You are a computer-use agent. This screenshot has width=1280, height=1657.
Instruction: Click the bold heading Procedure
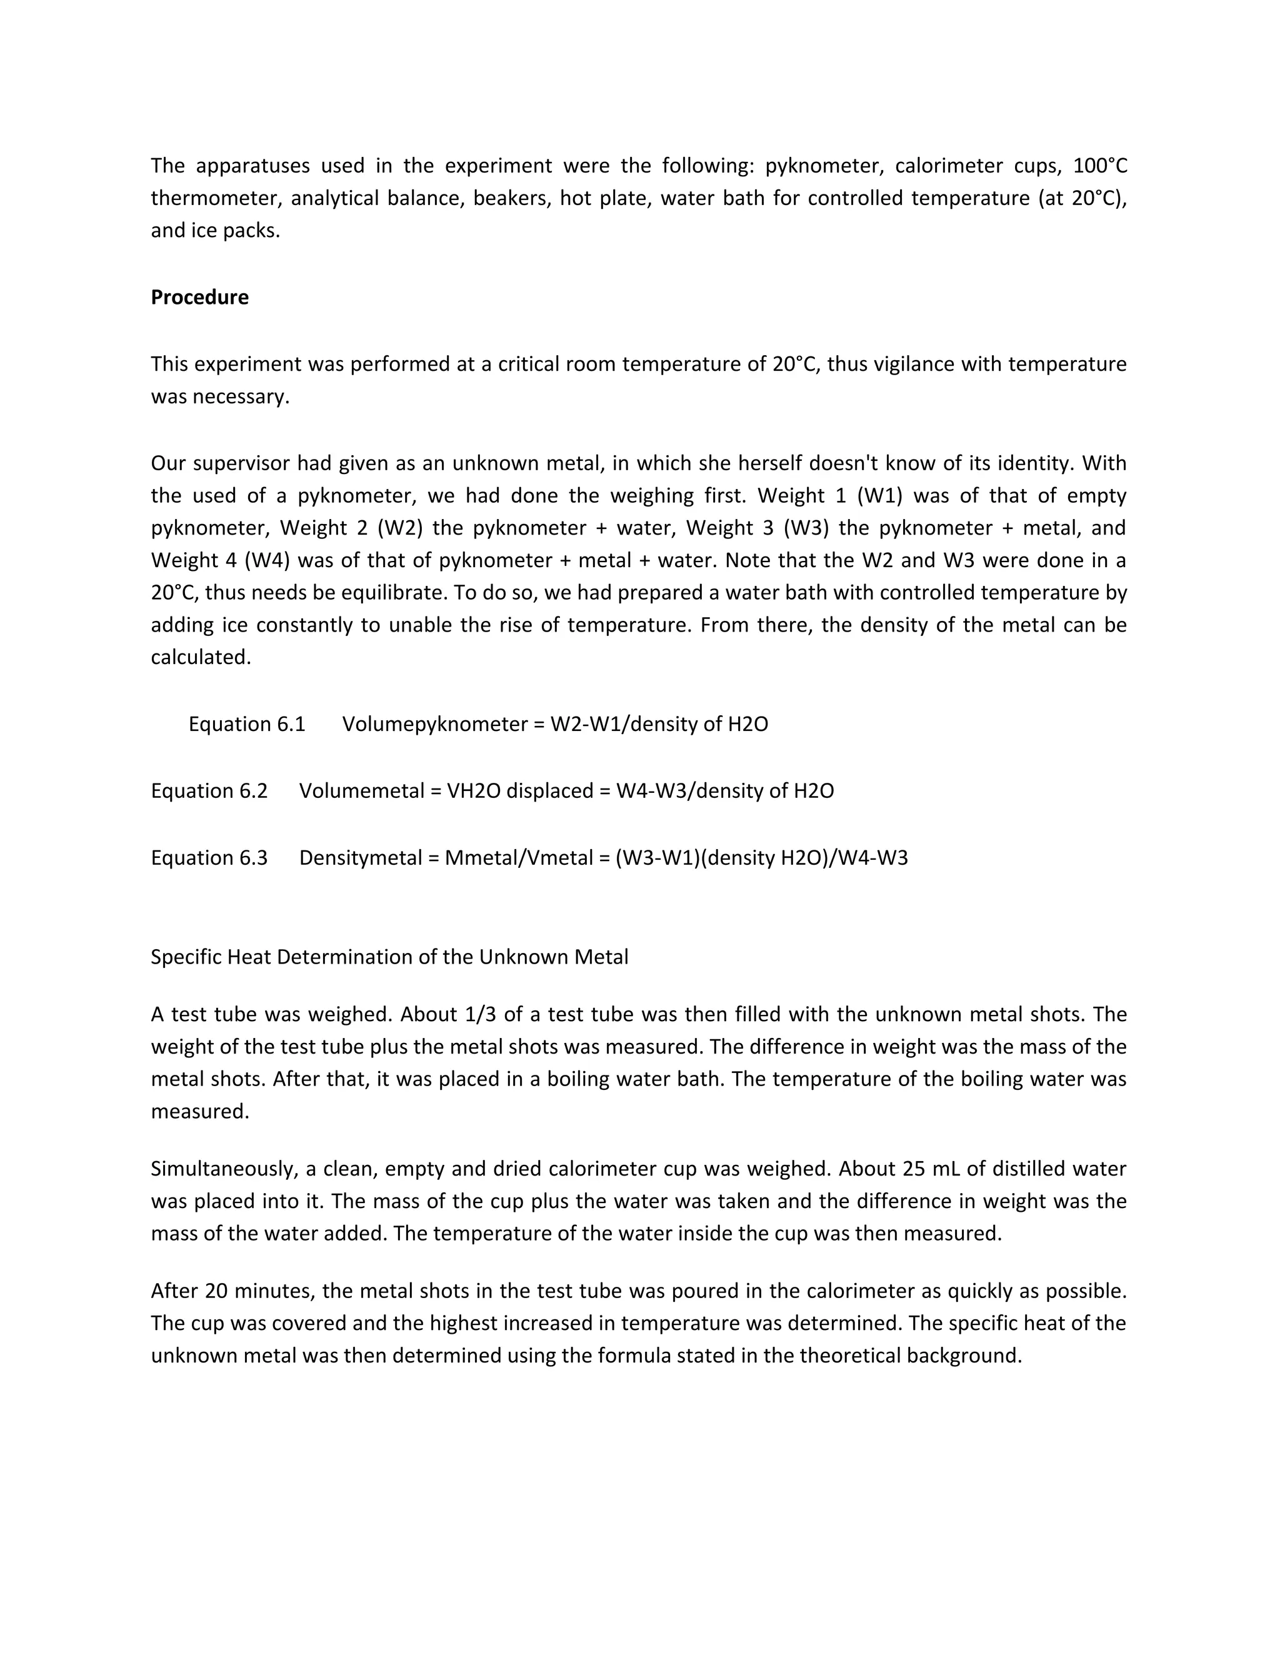click(x=199, y=298)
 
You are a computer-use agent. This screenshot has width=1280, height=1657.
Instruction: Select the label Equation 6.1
click(x=246, y=724)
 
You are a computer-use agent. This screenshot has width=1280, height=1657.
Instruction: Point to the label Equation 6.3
click(x=209, y=857)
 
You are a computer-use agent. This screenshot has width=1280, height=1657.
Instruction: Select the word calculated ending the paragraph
click(x=200, y=657)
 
